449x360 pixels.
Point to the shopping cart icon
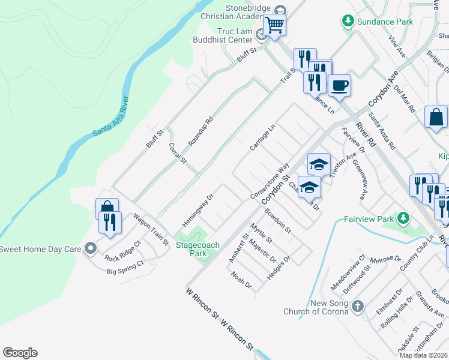pyautogui.click(x=274, y=25)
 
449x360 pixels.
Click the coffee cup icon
pyautogui.click(x=339, y=85)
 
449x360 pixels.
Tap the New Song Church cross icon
pyautogui.click(x=357, y=307)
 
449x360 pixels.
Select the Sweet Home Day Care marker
pyautogui.click(x=91, y=248)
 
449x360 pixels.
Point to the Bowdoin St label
pyautogui.click(x=278, y=221)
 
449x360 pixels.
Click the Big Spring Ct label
pyautogui.click(x=125, y=268)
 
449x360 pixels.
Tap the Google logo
pyautogui.click(x=20, y=353)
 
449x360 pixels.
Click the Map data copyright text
pyautogui.click(x=424, y=355)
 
